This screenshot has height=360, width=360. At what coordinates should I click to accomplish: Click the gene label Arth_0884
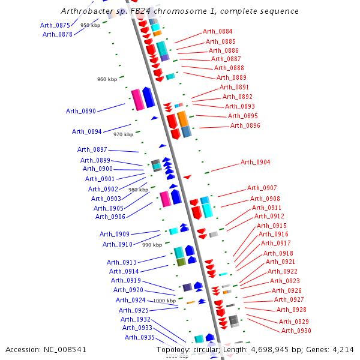218,31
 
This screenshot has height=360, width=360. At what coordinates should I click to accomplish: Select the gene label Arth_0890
81,111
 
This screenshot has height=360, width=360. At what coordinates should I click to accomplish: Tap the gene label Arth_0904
256,162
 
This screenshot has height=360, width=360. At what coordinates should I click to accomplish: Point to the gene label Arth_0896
245,125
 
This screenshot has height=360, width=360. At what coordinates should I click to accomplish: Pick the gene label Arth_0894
87,131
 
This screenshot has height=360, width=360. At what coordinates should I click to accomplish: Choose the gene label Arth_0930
296,331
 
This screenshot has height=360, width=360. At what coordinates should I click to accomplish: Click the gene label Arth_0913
122,262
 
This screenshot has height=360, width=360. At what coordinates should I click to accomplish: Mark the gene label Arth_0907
262,188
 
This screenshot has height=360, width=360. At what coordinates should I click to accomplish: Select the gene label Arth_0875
55,25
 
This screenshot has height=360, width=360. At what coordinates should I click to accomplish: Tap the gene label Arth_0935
140,337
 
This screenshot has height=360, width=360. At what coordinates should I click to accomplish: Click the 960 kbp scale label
107,79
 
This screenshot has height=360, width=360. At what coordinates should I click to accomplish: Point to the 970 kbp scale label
123,134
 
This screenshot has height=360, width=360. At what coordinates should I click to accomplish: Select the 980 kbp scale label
138,190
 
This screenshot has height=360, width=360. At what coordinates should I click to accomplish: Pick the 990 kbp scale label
152,245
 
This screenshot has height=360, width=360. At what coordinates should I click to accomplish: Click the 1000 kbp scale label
164,301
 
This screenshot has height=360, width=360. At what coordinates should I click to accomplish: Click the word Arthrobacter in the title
87,11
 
